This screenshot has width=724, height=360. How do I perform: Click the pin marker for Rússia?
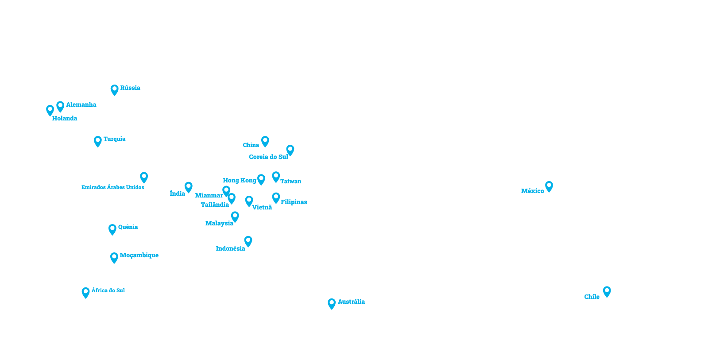[114, 90]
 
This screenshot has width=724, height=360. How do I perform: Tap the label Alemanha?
[81, 105]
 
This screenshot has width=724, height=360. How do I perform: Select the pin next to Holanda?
[50, 110]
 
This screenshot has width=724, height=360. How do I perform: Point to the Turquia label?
[114, 139]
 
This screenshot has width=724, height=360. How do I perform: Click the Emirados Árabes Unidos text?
[113, 187]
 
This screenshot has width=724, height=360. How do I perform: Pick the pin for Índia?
[189, 187]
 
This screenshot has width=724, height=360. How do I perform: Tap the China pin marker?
[265, 141]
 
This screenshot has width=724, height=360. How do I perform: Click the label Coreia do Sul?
[268, 157]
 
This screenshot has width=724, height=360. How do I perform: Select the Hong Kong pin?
[261, 179]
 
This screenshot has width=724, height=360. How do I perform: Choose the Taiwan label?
[290, 181]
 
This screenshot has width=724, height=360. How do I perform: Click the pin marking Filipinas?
[276, 198]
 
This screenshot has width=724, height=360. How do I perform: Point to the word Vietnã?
[262, 207]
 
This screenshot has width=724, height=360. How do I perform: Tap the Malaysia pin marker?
[235, 217]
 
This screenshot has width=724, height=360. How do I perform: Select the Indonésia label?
[230, 248]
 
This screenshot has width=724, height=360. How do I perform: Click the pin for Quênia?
[112, 229]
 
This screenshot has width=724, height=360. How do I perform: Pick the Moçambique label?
[139, 255]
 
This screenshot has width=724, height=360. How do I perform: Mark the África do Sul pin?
[85, 292]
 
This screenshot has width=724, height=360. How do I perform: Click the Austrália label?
[351, 302]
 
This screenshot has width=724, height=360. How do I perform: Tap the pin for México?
[549, 186]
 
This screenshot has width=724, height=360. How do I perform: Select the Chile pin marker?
[607, 291]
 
